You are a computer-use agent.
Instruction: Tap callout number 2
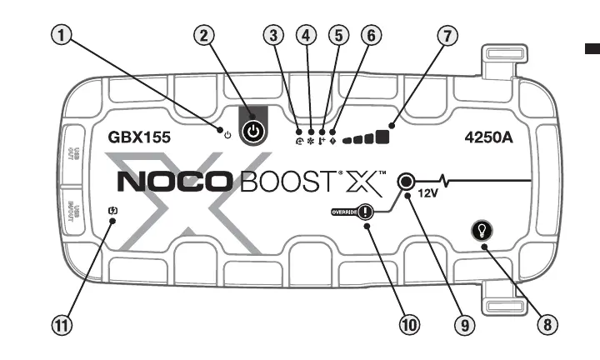pyautogui.click(x=205, y=35)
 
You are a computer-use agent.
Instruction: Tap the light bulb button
pyautogui.click(x=483, y=230)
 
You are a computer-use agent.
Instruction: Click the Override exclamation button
pyautogui.click(x=367, y=213)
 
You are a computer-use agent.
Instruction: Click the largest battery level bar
pyautogui.click(x=384, y=135)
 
